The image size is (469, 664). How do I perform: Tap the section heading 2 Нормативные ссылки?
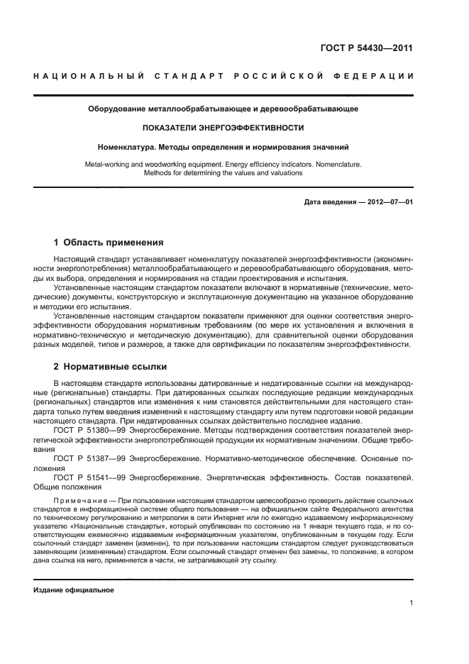coord(110,367)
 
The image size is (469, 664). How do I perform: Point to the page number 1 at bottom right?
coord(411,603)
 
